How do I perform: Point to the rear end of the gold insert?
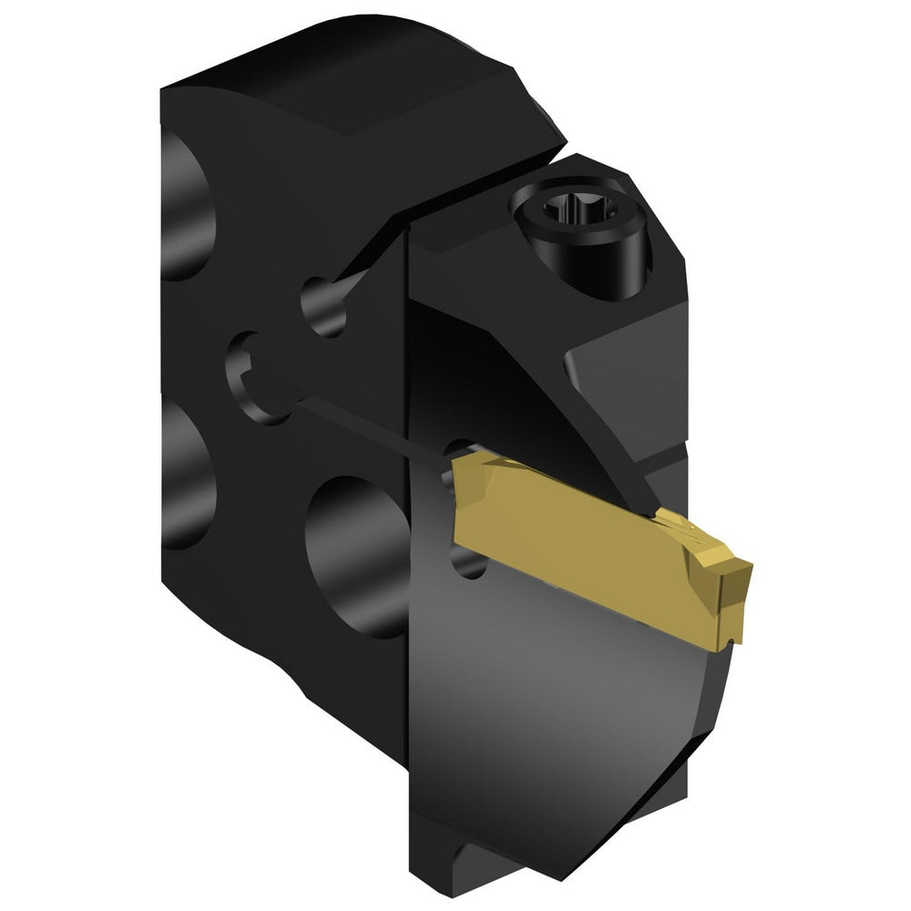[460, 501]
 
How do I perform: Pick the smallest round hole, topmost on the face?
[323, 306]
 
